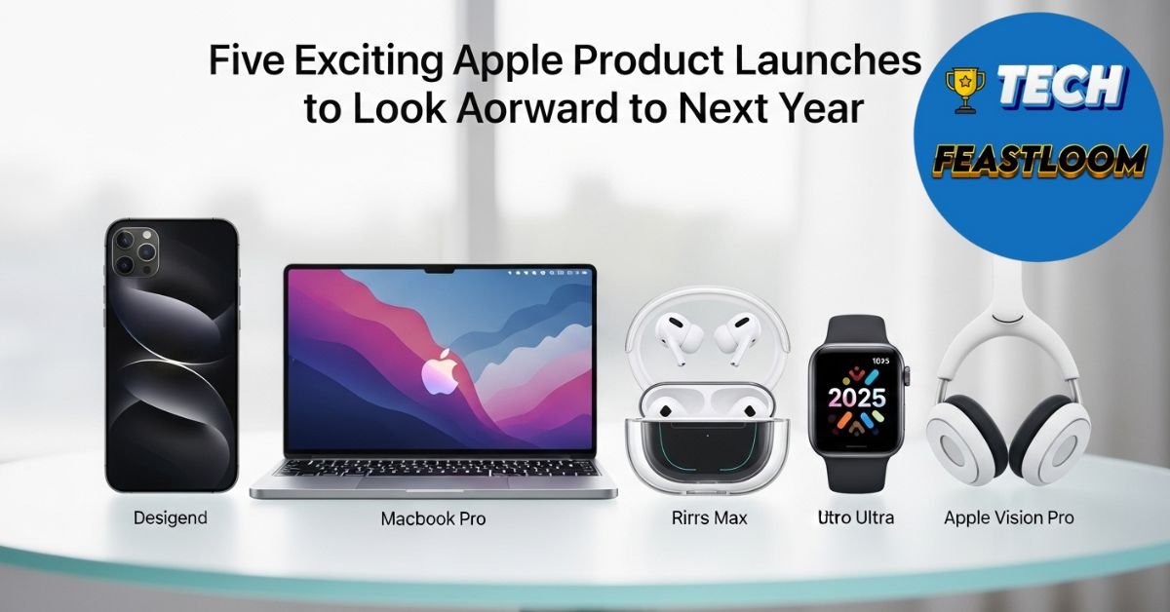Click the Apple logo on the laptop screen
pyautogui.click(x=437, y=372)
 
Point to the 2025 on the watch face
pyautogui.click(x=856, y=397)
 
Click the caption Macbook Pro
pyautogui.click(x=433, y=518)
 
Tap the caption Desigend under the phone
pyautogui.click(x=170, y=517)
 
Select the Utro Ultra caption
pyautogui.click(x=856, y=517)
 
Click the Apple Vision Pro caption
pyautogui.click(x=1008, y=517)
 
